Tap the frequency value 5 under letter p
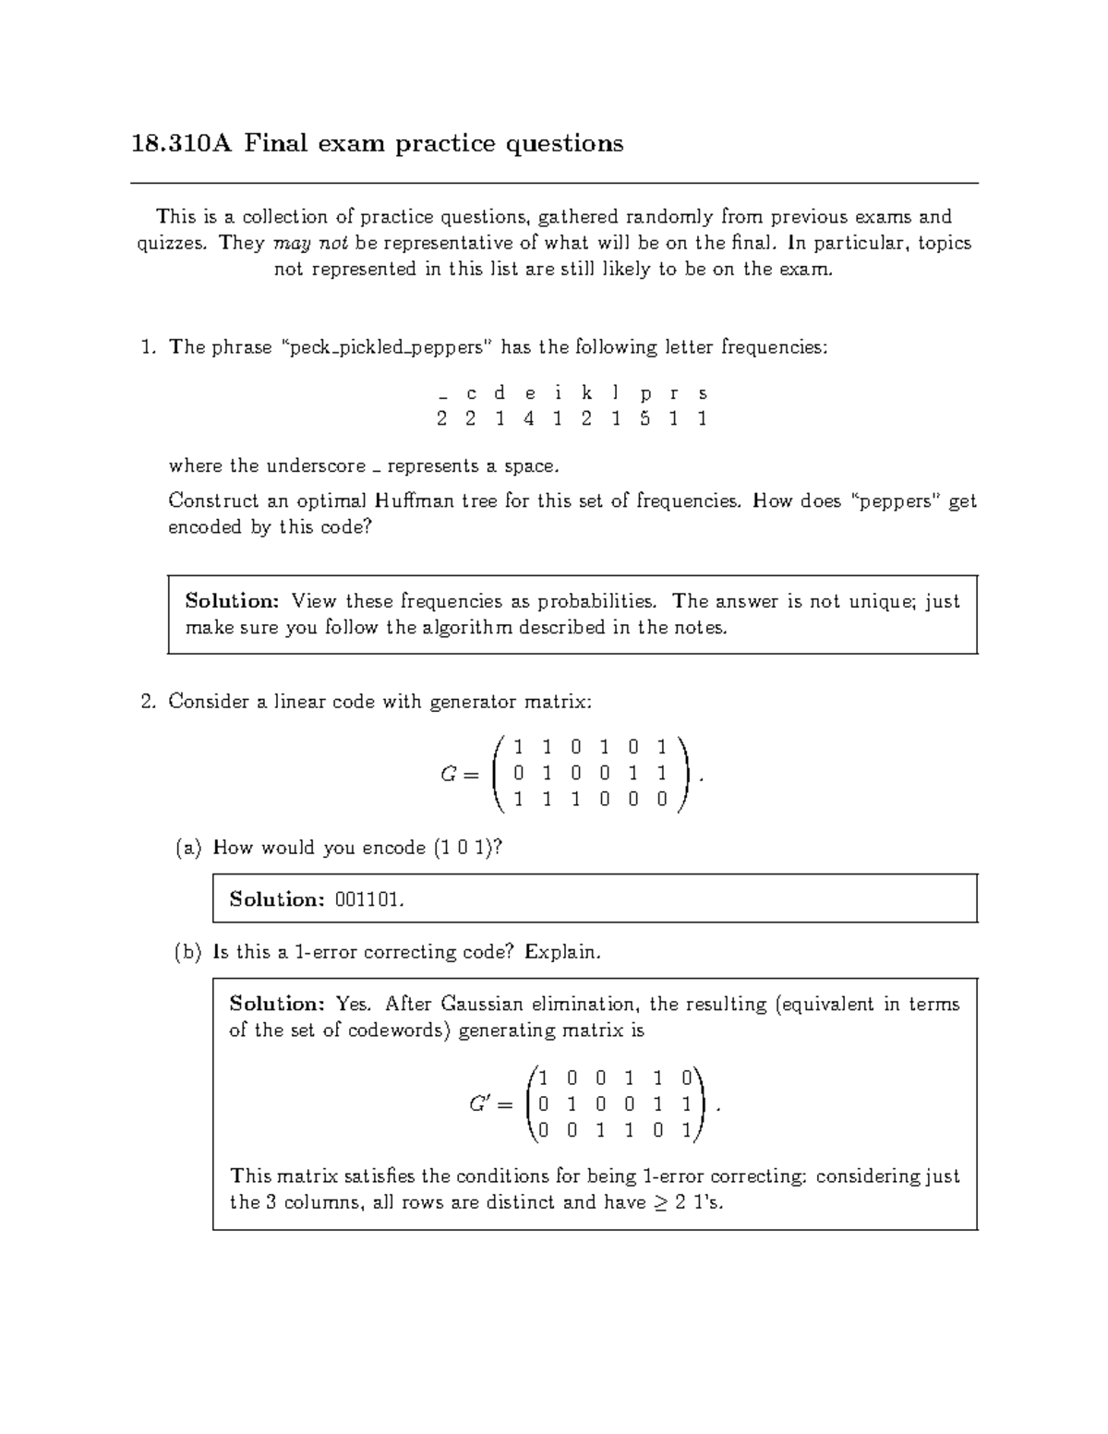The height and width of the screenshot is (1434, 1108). click(644, 419)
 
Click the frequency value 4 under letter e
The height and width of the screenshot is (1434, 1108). click(528, 419)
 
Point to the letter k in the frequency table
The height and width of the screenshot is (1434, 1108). click(586, 393)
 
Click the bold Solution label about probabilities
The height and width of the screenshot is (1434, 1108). click(232, 602)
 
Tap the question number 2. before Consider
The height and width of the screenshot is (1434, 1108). click(149, 702)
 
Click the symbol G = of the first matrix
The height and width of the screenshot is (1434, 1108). click(459, 775)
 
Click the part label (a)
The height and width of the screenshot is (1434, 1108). click(188, 848)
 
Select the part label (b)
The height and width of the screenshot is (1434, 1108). click(188, 952)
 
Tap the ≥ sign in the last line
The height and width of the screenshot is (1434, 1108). click(658, 1203)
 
